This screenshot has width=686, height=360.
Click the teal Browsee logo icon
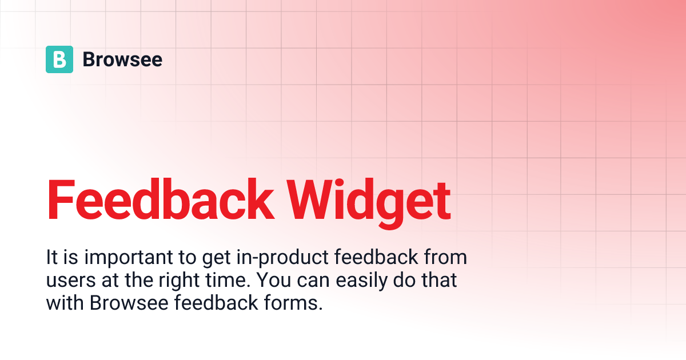[x=59, y=59]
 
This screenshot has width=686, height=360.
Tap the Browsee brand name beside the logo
[x=122, y=59]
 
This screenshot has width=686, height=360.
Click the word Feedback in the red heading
[x=160, y=201]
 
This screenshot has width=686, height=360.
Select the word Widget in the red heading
[x=368, y=201]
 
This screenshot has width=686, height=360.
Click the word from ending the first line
[x=445, y=258]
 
